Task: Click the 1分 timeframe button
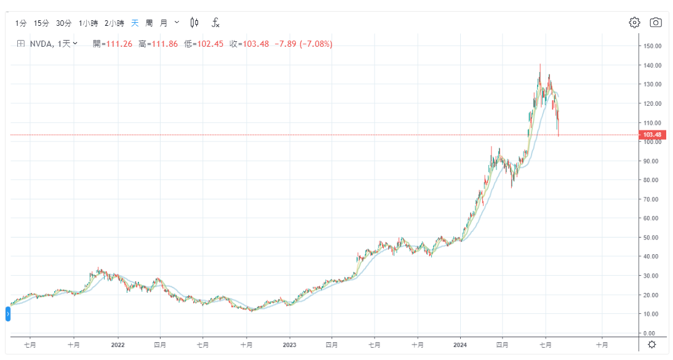point(21,23)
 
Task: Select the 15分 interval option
point(41,23)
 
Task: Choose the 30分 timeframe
point(64,23)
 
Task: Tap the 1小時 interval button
point(88,23)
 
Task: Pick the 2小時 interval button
point(114,23)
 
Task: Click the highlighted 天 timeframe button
point(135,23)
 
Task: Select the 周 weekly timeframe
point(149,23)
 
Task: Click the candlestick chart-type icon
point(194,23)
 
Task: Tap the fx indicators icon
point(215,23)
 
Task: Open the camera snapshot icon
point(656,23)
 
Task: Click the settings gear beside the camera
point(634,23)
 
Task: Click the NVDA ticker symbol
point(41,44)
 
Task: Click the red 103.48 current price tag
point(651,135)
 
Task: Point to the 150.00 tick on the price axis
point(652,46)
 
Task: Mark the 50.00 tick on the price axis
point(652,238)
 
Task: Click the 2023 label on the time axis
point(289,345)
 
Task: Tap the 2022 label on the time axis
point(117,345)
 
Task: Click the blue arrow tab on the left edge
point(8,314)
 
